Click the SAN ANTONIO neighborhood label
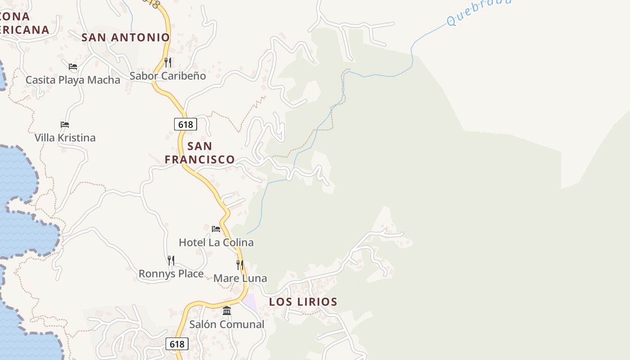click(x=126, y=37)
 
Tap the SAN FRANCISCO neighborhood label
click(x=199, y=153)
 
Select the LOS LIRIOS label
click(x=303, y=302)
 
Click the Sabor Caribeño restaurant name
click(x=167, y=76)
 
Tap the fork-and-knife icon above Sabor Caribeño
click(x=168, y=62)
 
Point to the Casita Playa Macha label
click(x=73, y=80)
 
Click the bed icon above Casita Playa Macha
click(x=73, y=67)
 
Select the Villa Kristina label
click(x=65, y=138)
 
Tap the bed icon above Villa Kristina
click(x=65, y=125)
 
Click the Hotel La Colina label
click(x=216, y=243)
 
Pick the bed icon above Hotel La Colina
click(x=216, y=229)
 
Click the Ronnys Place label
click(x=171, y=274)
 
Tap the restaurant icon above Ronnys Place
click(x=171, y=261)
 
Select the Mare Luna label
click(x=240, y=279)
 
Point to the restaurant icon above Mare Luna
click(x=240, y=265)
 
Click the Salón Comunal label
click(x=226, y=324)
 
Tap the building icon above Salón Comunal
click(x=227, y=311)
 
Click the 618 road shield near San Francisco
click(x=185, y=124)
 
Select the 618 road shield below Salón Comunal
click(x=177, y=344)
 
